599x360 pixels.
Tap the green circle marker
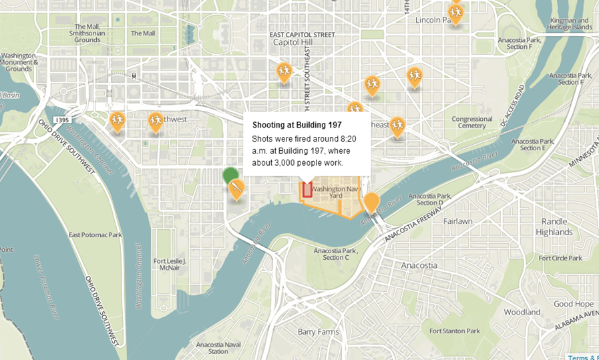coord(231,176)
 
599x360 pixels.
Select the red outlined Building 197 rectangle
coord(307,190)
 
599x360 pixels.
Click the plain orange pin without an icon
coord(372,202)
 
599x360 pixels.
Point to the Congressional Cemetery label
coord(471,122)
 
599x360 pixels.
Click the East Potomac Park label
coord(95,235)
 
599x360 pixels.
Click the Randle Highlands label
coord(554,227)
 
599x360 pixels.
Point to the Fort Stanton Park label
coord(454,331)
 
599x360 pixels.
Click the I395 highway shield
coord(62,120)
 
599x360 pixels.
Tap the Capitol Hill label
coord(292,42)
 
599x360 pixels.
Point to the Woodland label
coord(522,312)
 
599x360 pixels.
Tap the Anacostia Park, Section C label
coord(336,254)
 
